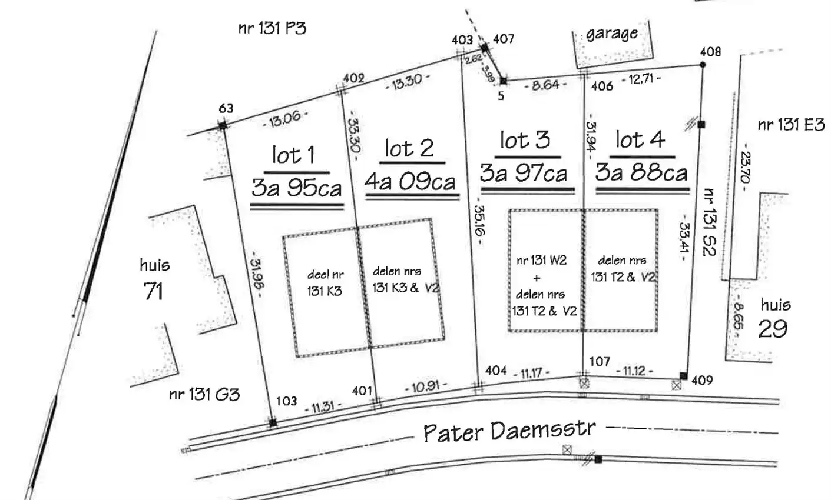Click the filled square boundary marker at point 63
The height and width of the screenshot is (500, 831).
click(223, 126)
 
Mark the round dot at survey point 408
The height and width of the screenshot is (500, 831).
click(702, 65)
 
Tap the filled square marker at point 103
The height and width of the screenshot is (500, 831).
click(273, 422)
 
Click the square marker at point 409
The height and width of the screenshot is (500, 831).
click(683, 376)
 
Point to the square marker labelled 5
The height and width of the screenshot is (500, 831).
click(503, 81)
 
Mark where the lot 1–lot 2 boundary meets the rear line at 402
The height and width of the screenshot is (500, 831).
click(341, 91)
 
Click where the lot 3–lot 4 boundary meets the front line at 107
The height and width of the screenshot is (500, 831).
click(583, 376)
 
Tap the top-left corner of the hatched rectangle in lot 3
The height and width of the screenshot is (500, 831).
click(509, 211)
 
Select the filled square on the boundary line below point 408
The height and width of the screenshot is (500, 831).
click(701, 125)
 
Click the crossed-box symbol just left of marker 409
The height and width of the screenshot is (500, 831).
click(676, 385)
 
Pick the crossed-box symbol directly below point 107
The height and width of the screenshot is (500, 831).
click(584, 384)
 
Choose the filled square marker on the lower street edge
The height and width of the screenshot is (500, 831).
click(598, 459)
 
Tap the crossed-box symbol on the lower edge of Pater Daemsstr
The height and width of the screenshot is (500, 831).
click(567, 451)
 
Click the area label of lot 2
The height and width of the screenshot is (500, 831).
click(410, 182)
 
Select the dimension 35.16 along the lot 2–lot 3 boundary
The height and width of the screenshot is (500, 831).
click(479, 221)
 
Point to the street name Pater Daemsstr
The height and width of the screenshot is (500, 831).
click(509, 431)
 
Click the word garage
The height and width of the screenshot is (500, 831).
click(612, 34)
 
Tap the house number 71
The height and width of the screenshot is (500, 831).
click(153, 291)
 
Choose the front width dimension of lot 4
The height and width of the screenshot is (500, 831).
click(634, 371)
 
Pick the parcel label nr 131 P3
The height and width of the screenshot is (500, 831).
click(272, 28)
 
